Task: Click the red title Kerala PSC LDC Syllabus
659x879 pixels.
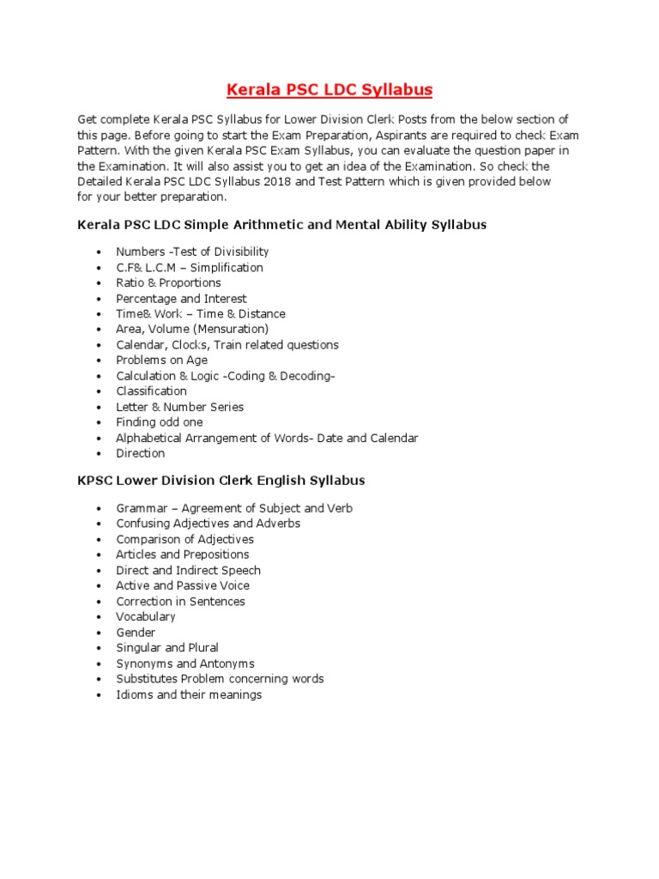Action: pos(329,89)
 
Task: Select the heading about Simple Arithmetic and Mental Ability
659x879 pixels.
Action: pos(281,225)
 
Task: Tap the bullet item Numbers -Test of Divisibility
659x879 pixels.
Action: pos(192,252)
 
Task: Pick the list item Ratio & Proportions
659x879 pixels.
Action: pos(168,282)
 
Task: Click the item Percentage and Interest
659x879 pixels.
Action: pos(181,299)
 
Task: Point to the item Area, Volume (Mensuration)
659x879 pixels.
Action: pos(192,329)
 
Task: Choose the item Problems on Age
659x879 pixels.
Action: pos(161,361)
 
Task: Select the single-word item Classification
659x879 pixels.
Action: pos(151,391)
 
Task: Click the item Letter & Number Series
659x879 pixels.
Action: pos(179,407)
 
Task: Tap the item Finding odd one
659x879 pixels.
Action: pos(159,422)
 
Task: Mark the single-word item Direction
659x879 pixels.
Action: pos(141,453)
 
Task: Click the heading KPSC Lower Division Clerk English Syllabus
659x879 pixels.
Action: pos(221,481)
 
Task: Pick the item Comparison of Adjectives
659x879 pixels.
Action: pos(184,539)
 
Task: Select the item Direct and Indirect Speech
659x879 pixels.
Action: pos(188,570)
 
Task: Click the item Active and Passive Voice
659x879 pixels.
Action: pos(183,585)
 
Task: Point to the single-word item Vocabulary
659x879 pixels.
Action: pos(146,616)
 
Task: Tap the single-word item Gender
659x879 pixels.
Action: pos(136,633)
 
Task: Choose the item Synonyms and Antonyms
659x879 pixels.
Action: pos(184,664)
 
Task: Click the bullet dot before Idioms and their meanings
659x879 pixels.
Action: pos(99,695)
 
